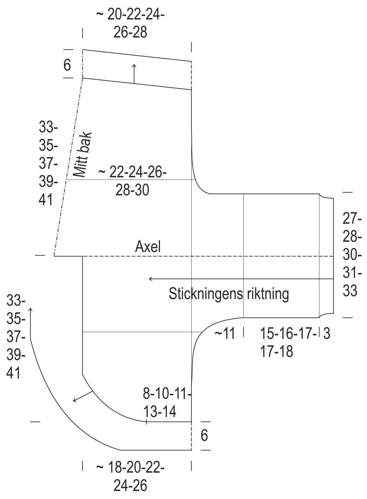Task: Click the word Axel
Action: click(148, 246)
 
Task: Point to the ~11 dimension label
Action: click(225, 334)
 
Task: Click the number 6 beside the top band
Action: click(67, 65)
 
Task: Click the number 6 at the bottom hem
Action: click(204, 436)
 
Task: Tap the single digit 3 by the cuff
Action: click(327, 334)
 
